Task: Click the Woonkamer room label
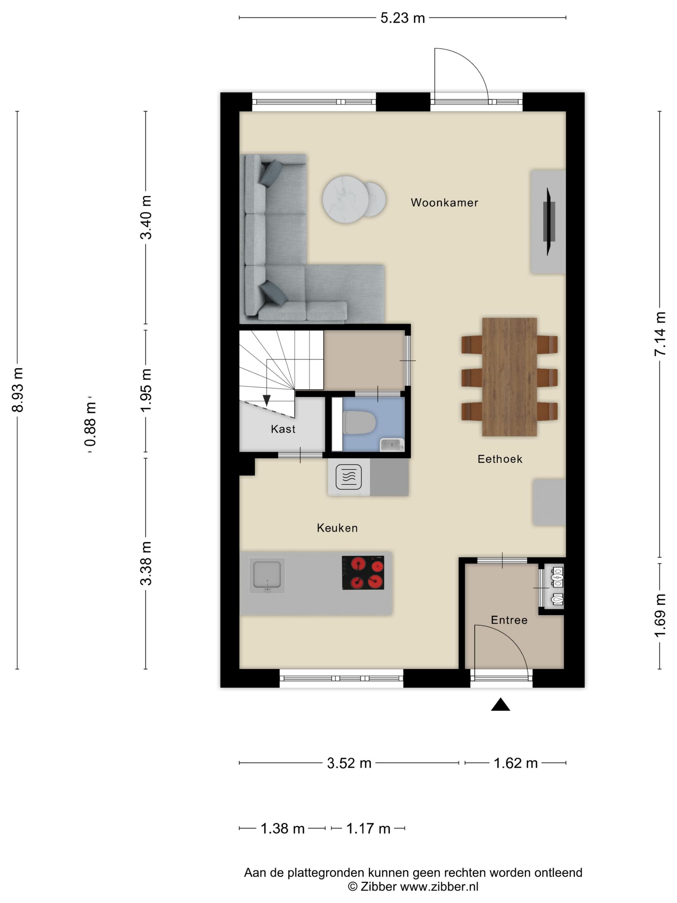444,203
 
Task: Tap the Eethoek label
499,459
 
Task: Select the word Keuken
337,528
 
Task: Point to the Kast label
283,429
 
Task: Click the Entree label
509,620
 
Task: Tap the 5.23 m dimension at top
402,18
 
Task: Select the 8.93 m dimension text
18,390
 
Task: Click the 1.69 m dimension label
660,615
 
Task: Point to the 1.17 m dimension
368,829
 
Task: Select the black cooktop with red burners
363,572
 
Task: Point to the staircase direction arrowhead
267,400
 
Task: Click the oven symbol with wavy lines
348,476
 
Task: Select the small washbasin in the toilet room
391,445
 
